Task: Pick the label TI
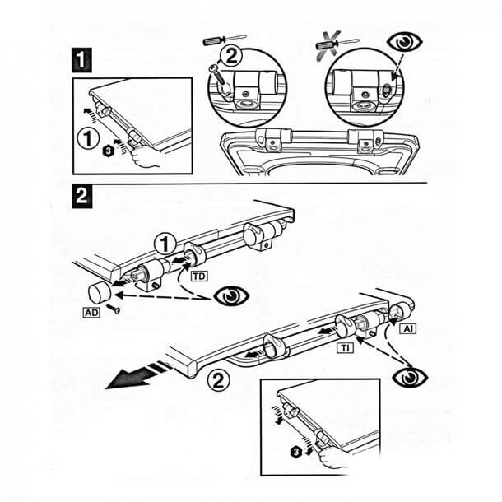(346, 348)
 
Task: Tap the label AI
(408, 328)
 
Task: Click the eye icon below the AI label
(407, 378)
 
